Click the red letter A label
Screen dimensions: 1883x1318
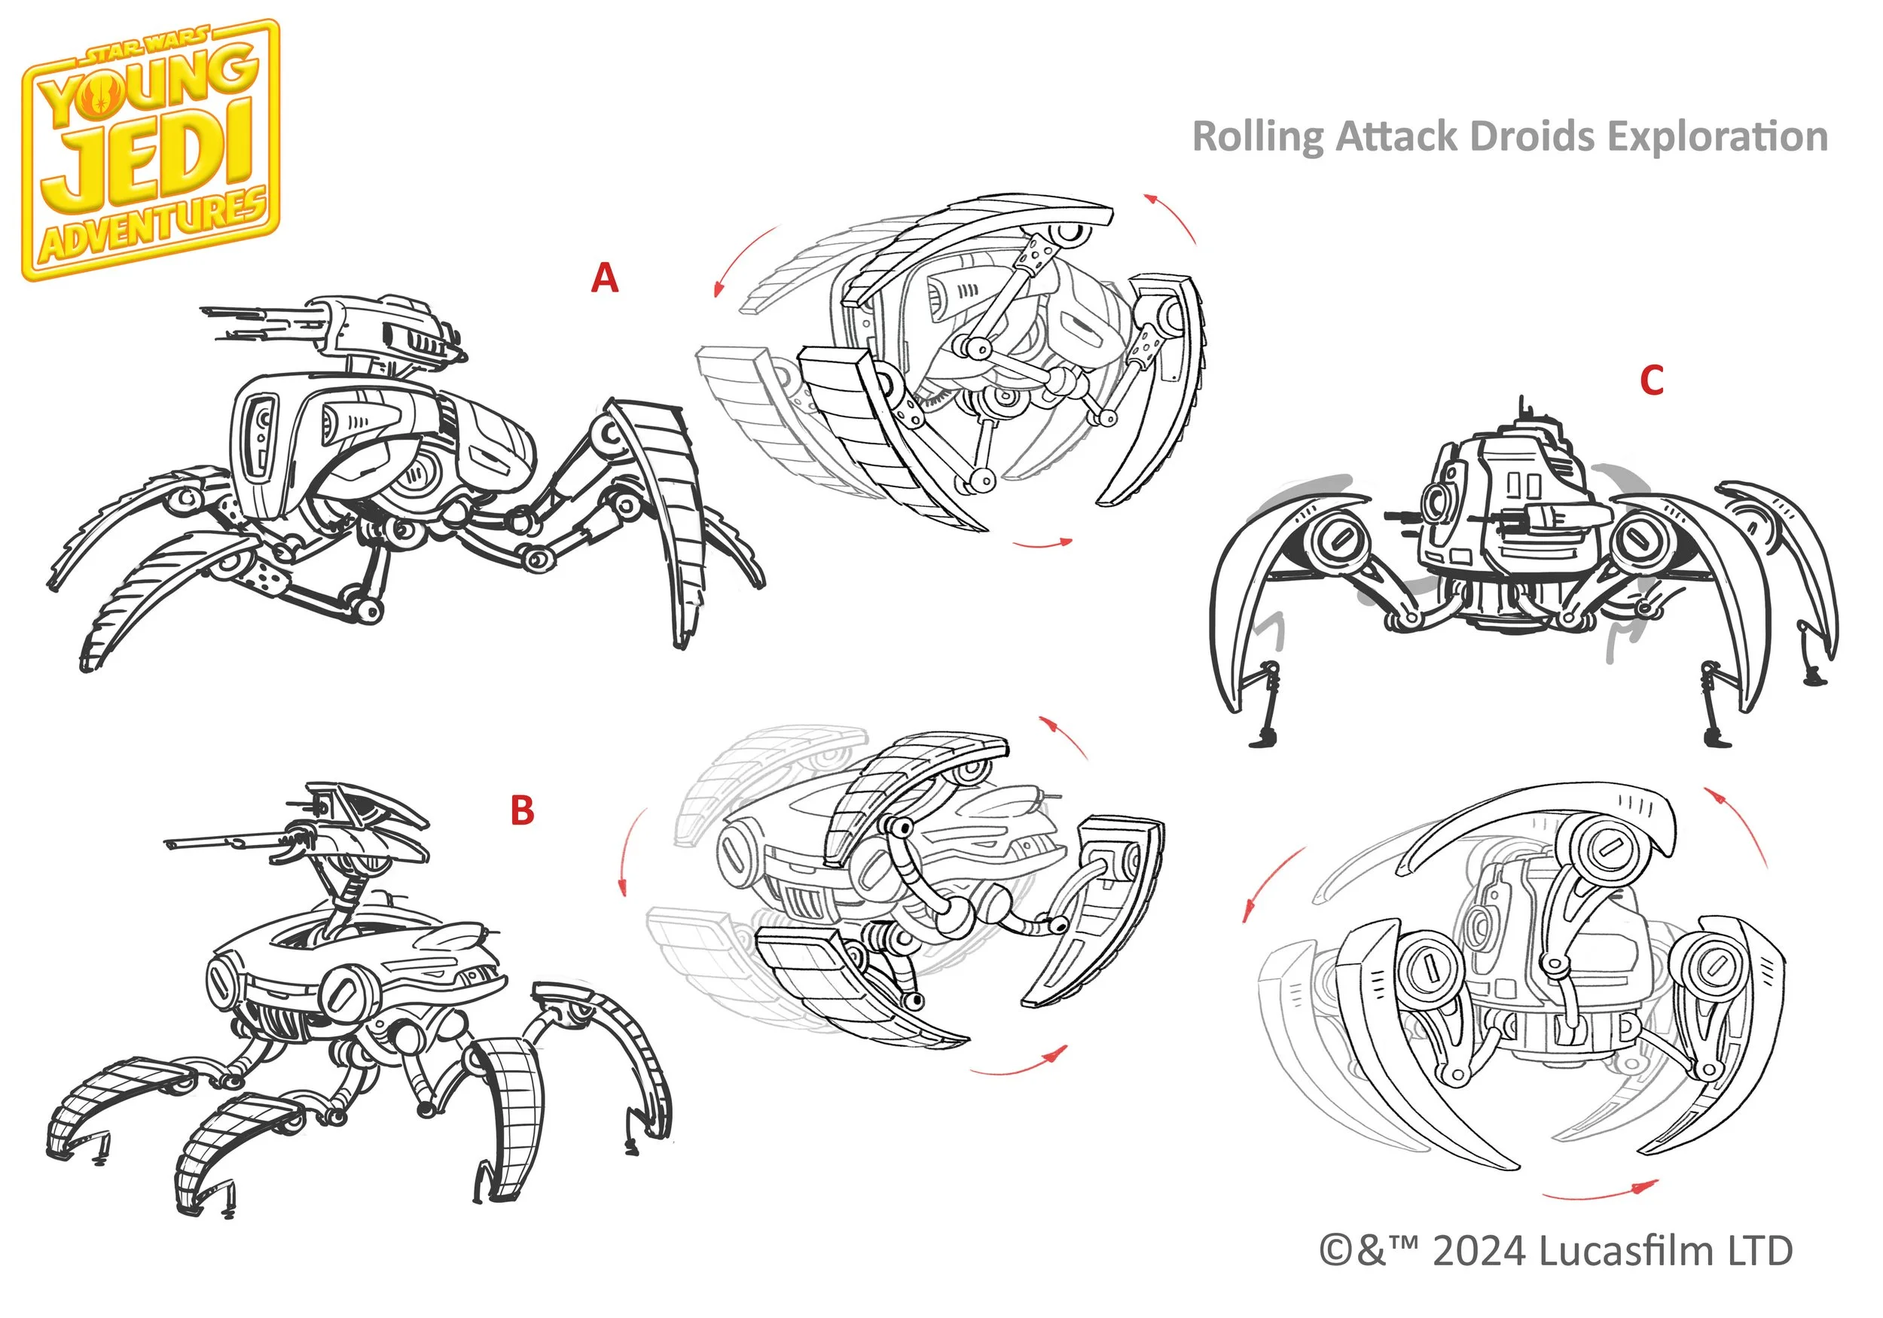(604, 278)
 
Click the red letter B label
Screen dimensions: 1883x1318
(523, 810)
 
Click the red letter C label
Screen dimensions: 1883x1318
(1652, 380)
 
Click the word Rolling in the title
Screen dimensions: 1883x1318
(1257, 136)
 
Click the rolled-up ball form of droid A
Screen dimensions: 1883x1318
(951, 361)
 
